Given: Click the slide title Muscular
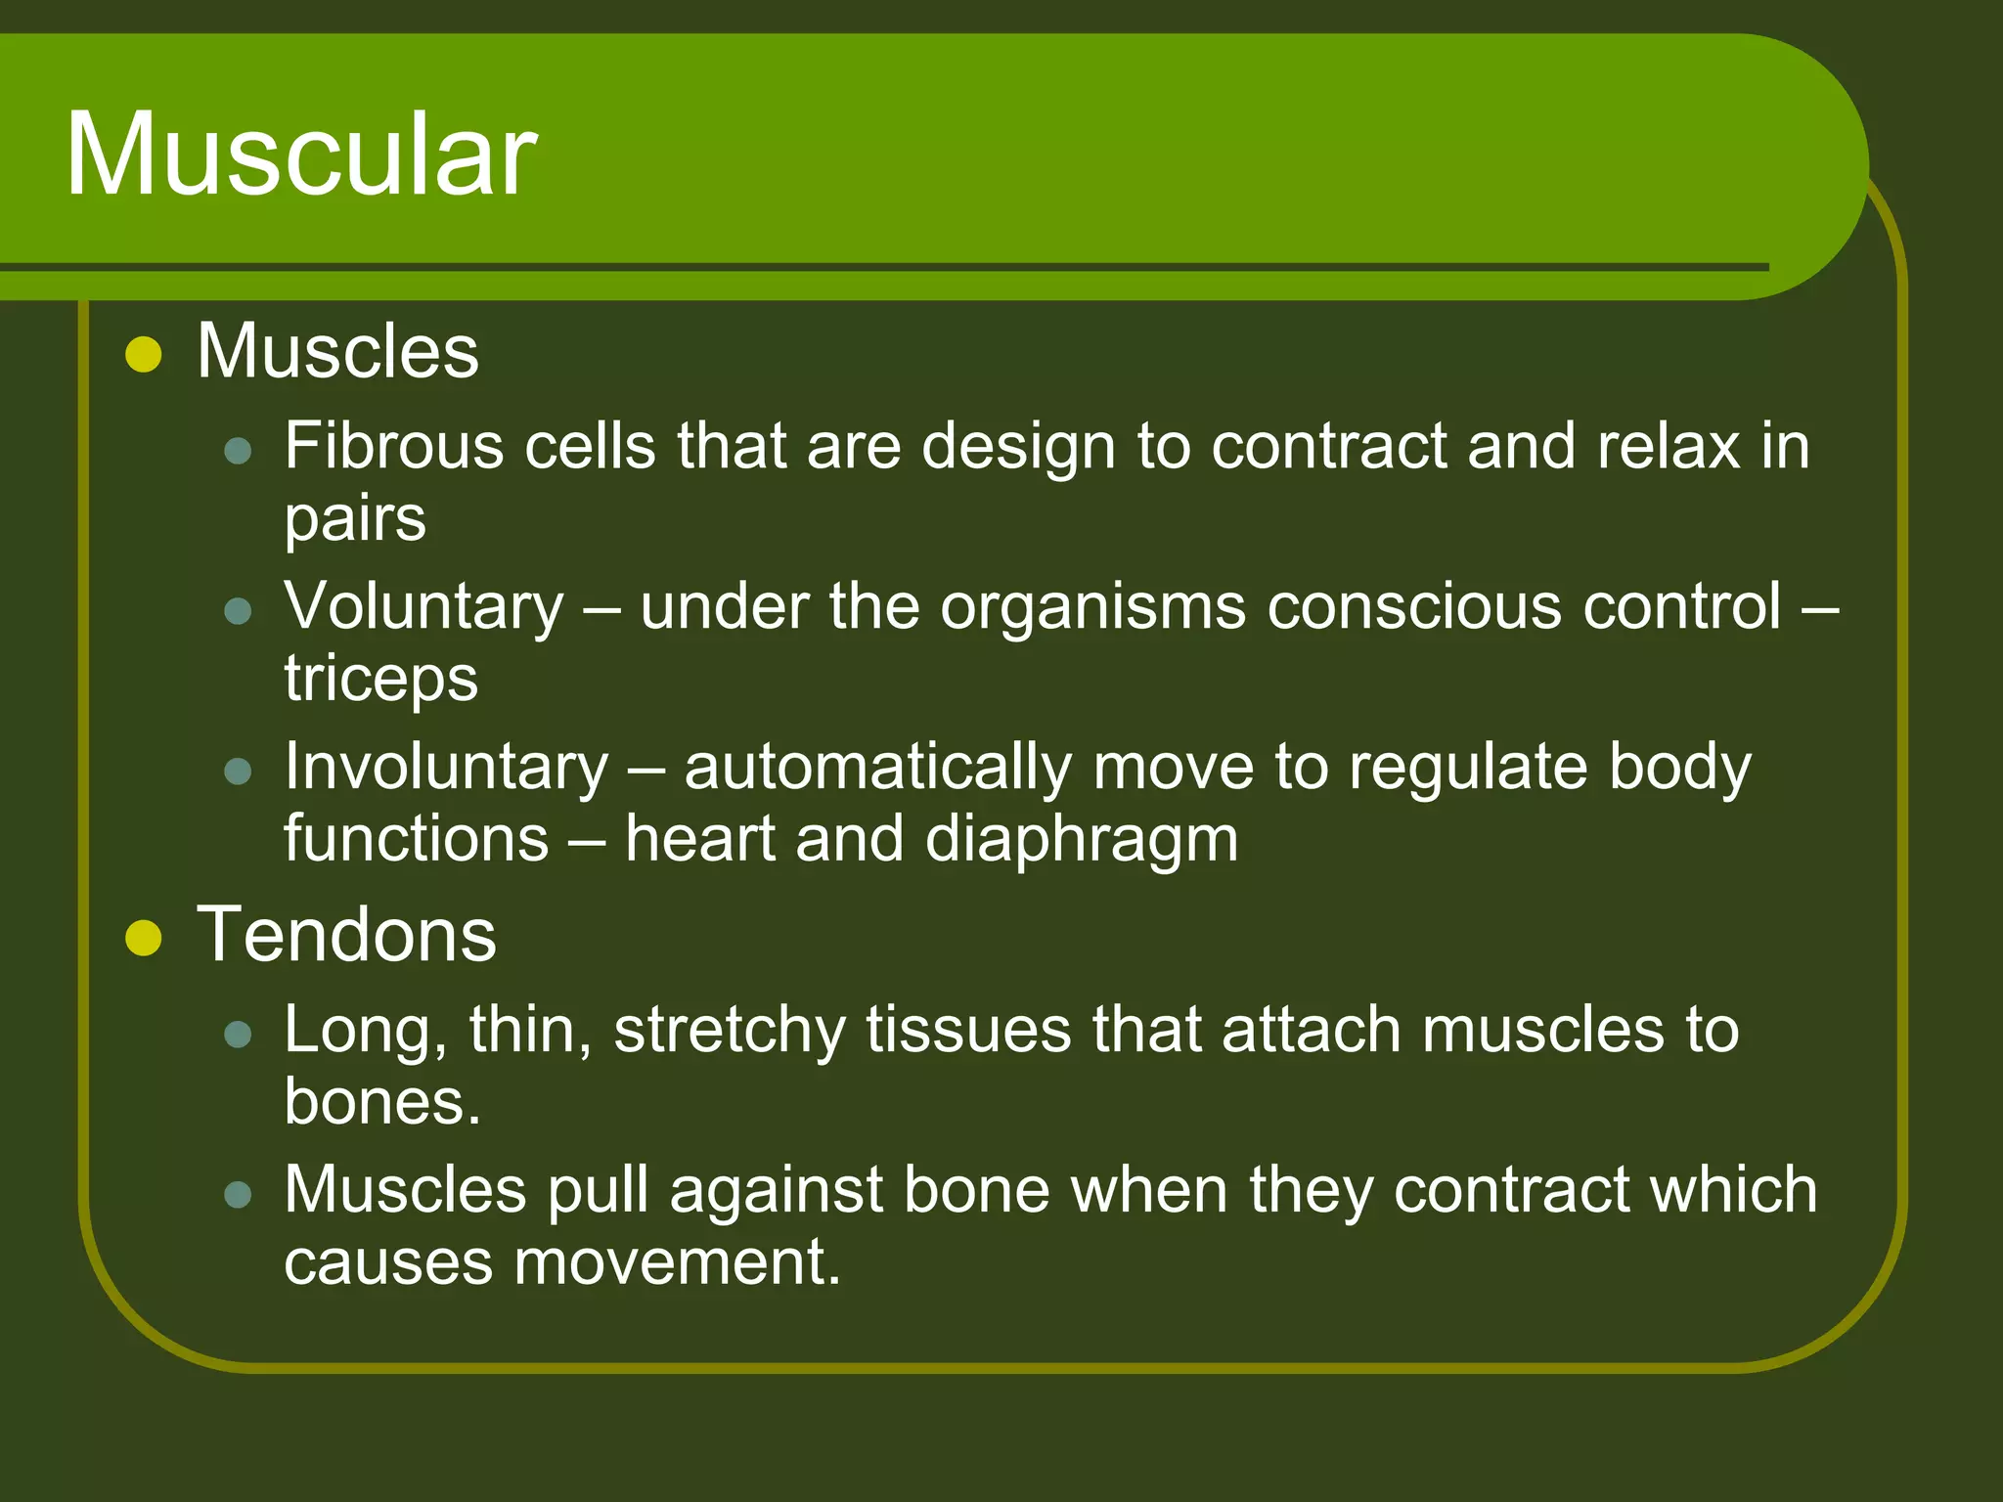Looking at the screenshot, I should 301,155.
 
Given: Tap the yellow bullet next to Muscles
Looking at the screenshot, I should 144,355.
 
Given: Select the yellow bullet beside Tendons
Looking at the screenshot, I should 144,939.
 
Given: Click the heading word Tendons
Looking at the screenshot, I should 346,935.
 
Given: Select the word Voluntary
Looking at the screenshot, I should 423,607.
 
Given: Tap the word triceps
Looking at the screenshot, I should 380,679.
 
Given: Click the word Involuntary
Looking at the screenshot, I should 446,767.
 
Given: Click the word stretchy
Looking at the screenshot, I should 729,1032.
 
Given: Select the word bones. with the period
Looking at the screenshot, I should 382,1102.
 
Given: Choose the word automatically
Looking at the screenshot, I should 877,767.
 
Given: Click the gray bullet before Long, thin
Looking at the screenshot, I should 238,1035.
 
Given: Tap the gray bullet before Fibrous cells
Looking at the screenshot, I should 238,451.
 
